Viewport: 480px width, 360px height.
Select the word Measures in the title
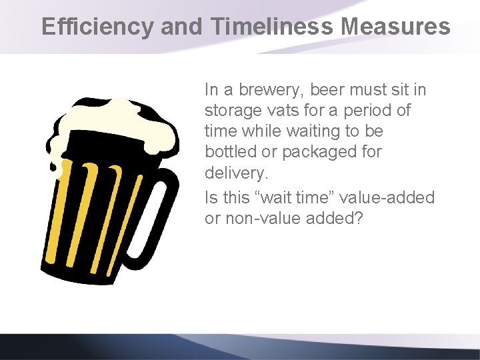pyautogui.click(x=395, y=27)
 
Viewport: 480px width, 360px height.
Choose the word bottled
pyautogui.click(x=229, y=151)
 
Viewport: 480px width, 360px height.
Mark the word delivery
pyautogui.click(x=235, y=173)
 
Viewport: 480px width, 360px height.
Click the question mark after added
pyautogui.click(x=359, y=218)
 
